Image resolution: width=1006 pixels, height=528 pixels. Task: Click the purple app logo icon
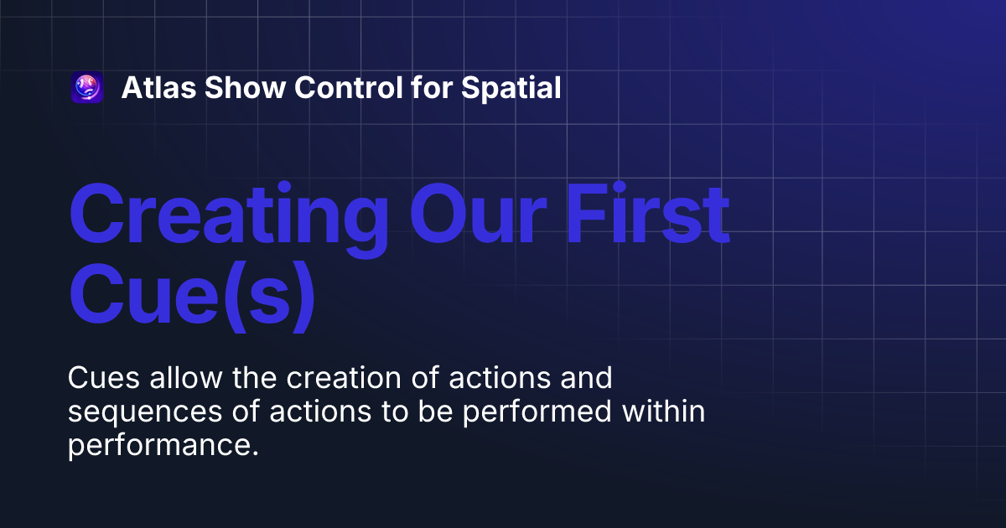[87, 88]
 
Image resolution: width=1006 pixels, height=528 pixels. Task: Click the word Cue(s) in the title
[194, 295]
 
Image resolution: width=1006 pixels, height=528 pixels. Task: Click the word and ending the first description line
[589, 379]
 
